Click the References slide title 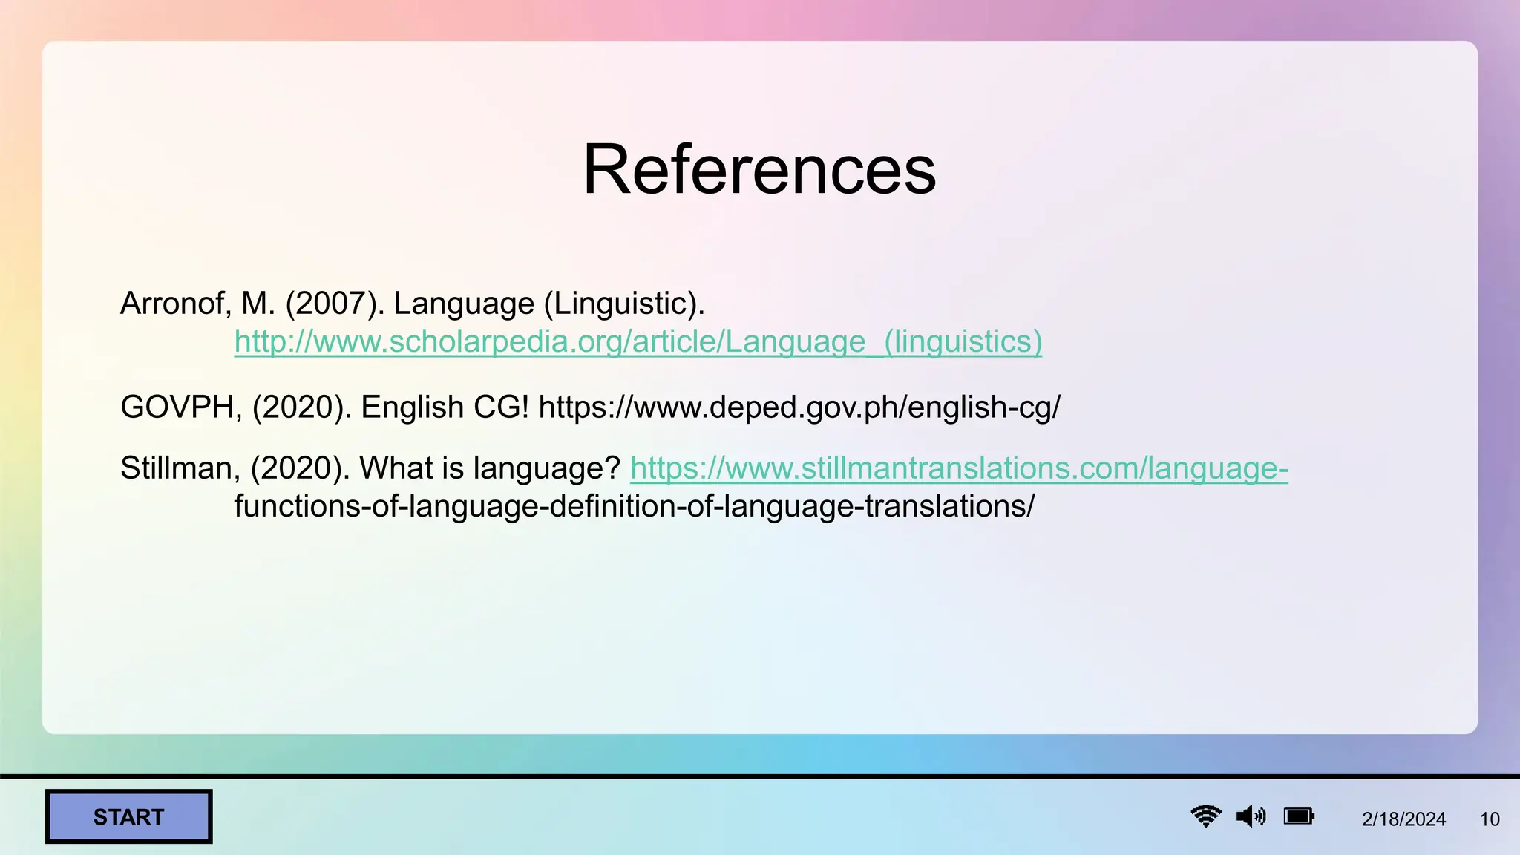click(759, 170)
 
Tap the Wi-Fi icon click(1206, 816)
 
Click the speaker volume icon click(1251, 816)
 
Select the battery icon click(1299, 816)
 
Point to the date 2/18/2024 click(1403, 819)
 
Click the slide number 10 click(1490, 819)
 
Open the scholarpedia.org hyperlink click(638, 342)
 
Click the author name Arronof click(175, 304)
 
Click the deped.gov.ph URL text click(799, 407)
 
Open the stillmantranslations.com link click(959, 468)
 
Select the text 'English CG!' click(445, 407)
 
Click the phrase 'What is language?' click(490, 468)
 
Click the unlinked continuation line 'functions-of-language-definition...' click(634, 507)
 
